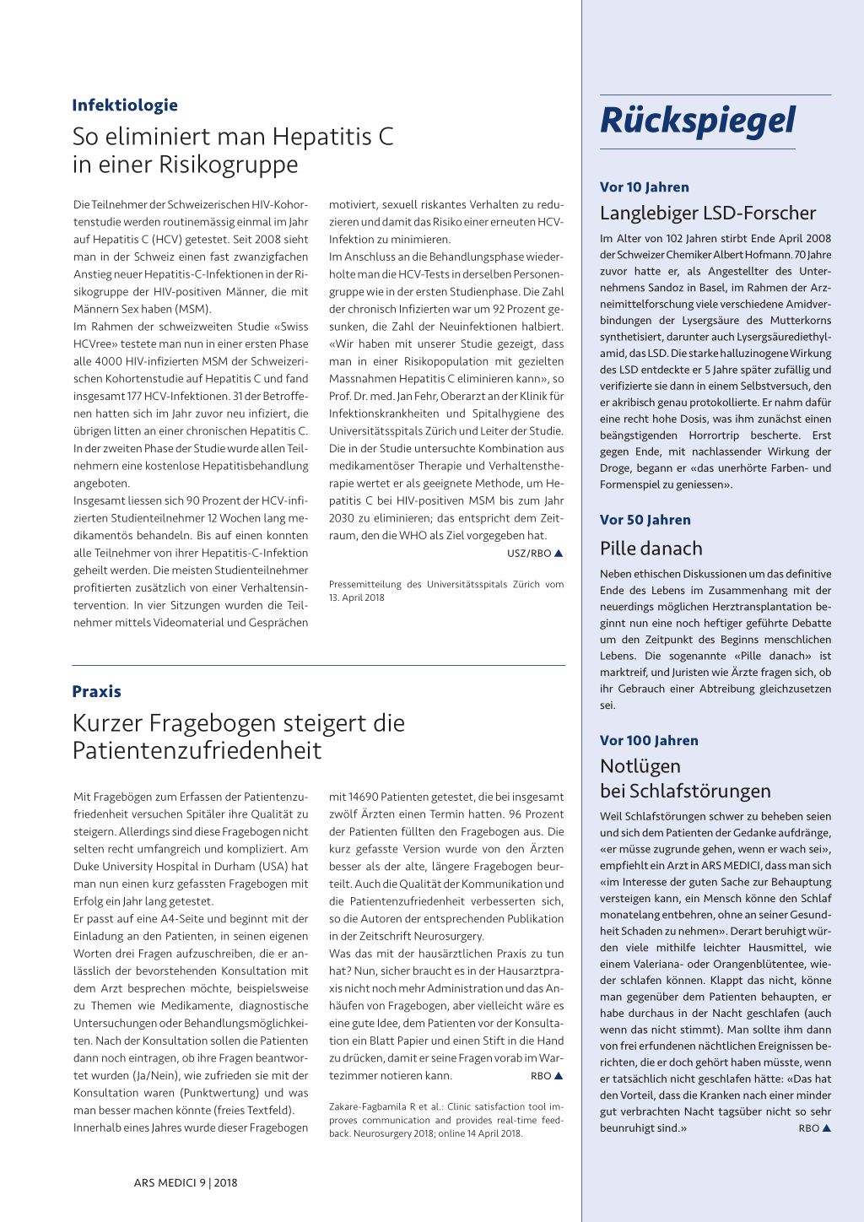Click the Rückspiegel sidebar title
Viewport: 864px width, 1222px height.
pyautogui.click(x=697, y=121)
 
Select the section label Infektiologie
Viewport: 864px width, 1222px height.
pyautogui.click(x=125, y=105)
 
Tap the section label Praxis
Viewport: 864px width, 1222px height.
pyautogui.click(x=97, y=691)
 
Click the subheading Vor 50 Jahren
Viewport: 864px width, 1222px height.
pyautogui.click(x=645, y=520)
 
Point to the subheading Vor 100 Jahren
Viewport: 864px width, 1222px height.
pyautogui.click(x=649, y=740)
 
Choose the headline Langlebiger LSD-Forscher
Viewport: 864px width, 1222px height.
pyautogui.click(x=707, y=213)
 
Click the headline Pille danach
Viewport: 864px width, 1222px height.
pyautogui.click(x=651, y=549)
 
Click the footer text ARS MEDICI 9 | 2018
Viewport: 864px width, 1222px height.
pyautogui.click(x=186, y=1182)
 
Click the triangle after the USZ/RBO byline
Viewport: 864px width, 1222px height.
pyautogui.click(x=559, y=554)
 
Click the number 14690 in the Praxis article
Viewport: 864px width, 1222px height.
pyautogui.click(x=364, y=797)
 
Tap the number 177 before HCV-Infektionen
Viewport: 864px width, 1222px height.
pyautogui.click(x=135, y=396)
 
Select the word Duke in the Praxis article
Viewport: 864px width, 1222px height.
pyautogui.click(x=88, y=867)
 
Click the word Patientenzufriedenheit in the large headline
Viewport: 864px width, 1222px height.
pyautogui.click(x=197, y=751)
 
